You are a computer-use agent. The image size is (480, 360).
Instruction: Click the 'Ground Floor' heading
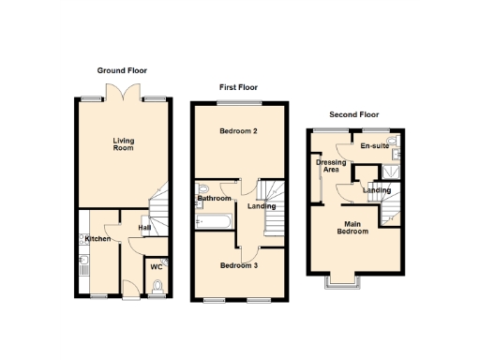122,70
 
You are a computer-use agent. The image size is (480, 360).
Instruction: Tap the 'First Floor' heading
238,87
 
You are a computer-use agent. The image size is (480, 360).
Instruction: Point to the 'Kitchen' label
98,239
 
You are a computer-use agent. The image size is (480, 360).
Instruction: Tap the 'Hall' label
145,227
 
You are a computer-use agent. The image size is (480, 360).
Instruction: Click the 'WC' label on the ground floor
157,267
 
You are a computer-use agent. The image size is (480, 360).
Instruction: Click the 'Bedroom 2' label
238,130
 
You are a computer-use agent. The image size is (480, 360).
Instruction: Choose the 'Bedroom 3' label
238,265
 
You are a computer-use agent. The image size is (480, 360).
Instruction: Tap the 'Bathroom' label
215,199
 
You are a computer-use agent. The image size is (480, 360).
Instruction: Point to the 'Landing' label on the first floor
261,206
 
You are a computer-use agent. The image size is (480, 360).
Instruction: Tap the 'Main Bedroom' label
354,227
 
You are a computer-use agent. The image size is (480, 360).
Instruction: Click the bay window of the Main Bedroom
338,278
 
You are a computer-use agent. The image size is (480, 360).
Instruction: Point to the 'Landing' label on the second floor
376,190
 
